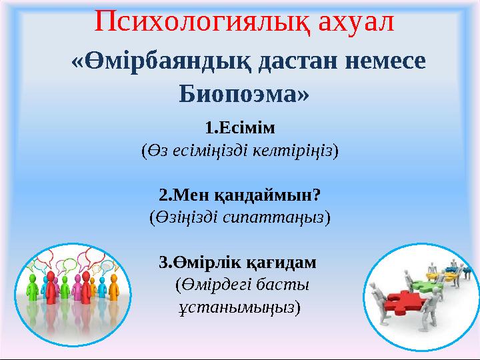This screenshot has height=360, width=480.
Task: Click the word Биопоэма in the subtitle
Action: point(242,95)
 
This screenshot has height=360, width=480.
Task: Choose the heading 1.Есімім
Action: point(239,127)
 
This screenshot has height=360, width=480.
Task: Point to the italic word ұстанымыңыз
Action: point(237,308)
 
